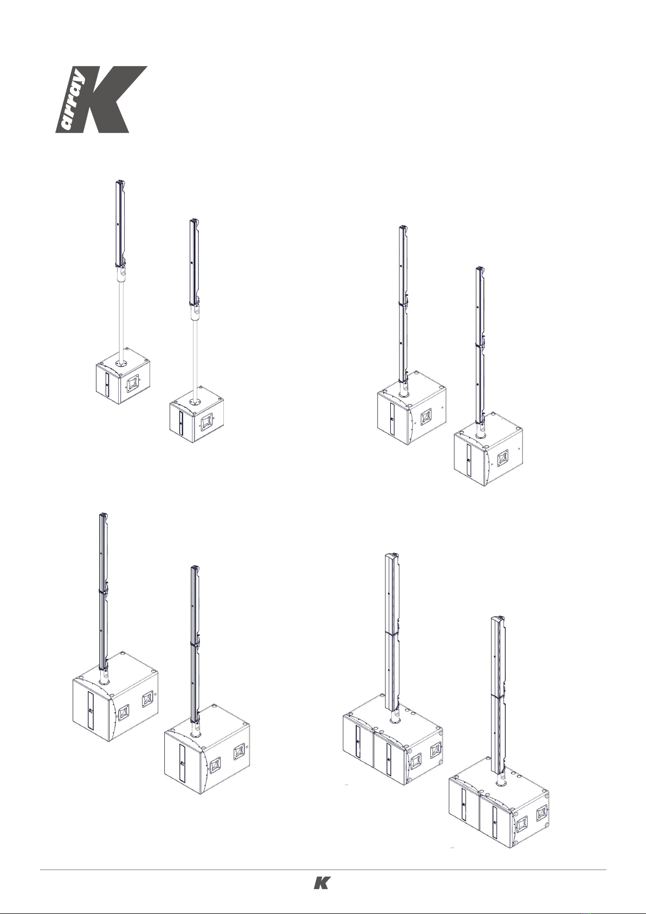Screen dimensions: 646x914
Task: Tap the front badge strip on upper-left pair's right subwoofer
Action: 181,423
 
